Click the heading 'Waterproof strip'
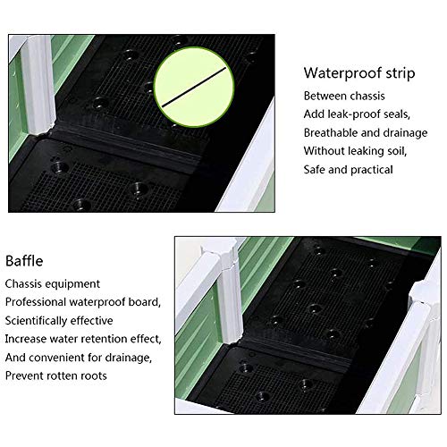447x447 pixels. click(359, 73)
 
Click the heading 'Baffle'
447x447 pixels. click(24, 261)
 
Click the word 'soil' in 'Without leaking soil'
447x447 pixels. click(397, 151)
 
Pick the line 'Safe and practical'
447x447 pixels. click(349, 170)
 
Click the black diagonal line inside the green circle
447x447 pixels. click(194, 87)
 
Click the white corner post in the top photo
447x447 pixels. click(38, 85)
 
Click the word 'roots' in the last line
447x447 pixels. click(93, 375)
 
